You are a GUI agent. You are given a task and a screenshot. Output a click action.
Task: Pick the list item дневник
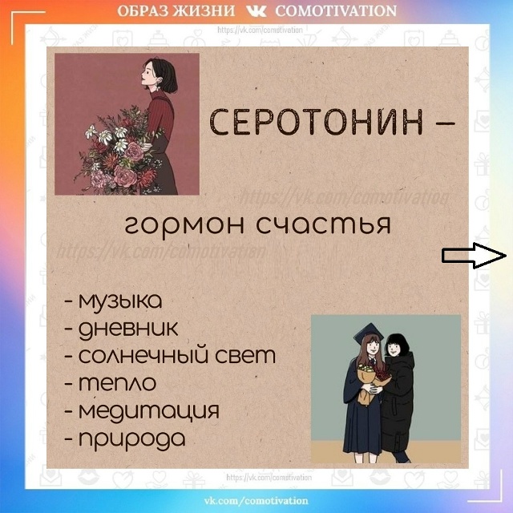point(128,329)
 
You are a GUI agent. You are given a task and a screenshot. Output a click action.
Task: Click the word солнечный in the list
point(145,356)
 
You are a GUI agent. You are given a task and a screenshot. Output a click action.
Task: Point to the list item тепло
point(117,383)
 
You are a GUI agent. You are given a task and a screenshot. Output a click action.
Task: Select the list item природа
point(131,438)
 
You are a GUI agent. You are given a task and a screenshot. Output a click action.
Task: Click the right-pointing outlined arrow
point(473,256)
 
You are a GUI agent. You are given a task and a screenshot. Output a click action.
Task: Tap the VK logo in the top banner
point(256,11)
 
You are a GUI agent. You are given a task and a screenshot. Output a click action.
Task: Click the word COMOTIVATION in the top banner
point(336,11)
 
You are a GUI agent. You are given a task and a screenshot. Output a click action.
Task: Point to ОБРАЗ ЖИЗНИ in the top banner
point(176,11)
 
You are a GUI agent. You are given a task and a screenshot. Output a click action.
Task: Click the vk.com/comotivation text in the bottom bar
point(256,501)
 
